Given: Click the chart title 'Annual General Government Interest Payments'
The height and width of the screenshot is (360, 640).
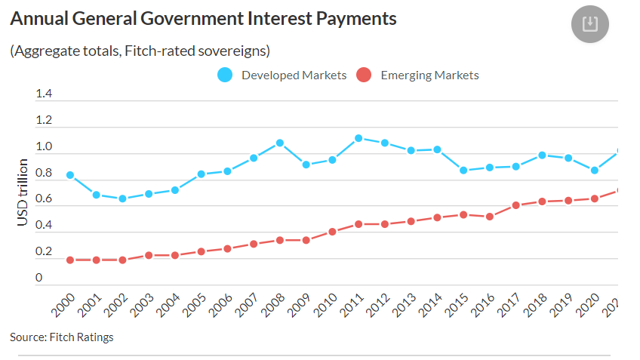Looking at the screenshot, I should click(203, 19).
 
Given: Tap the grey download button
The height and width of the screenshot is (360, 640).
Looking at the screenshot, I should click(590, 24).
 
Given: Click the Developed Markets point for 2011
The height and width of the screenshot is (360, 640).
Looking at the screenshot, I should click(358, 138).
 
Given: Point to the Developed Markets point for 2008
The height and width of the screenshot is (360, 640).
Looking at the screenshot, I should click(279, 143).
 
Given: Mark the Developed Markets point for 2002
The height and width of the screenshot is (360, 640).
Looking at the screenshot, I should click(122, 198).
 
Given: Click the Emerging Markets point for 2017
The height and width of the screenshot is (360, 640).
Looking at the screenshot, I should click(516, 205).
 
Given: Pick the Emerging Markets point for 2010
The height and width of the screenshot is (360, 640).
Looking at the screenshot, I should click(332, 232).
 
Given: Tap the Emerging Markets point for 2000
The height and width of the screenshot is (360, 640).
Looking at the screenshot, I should click(70, 260).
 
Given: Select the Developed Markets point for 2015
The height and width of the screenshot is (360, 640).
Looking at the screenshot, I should click(463, 171).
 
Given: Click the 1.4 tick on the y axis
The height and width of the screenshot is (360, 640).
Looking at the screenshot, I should click(44, 94).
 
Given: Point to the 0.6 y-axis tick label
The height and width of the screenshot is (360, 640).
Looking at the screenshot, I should click(44, 199).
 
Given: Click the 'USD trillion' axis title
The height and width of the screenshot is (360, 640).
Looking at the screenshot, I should click(23, 192).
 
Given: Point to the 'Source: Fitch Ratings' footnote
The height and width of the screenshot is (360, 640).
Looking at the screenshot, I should click(62, 337).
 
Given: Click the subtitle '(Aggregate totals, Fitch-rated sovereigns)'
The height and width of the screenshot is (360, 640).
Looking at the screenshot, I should click(140, 51).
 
